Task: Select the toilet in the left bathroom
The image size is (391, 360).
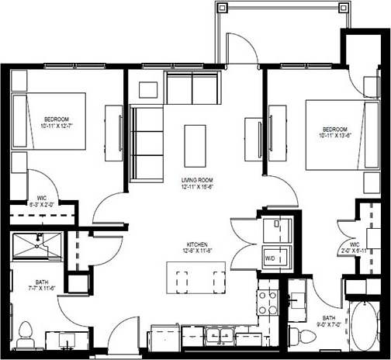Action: (26, 334)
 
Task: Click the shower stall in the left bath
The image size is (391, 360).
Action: (36, 245)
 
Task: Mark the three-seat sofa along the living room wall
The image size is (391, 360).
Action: (145, 143)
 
